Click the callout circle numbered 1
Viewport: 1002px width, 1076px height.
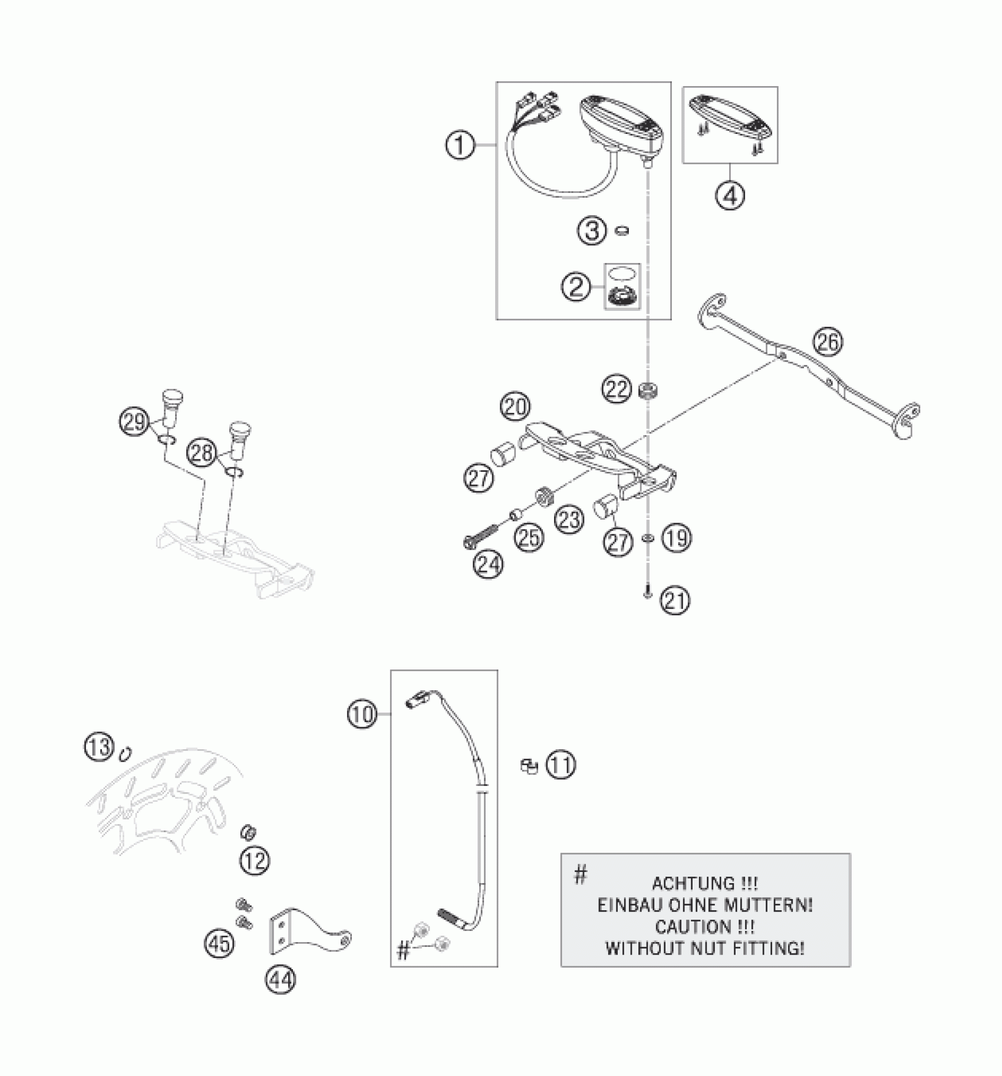point(460,145)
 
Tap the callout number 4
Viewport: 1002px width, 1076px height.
point(730,195)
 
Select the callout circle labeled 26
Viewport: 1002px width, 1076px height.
point(828,342)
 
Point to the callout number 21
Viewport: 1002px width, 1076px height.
point(675,601)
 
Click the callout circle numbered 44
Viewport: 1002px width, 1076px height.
point(281,980)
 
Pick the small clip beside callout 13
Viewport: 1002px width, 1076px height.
point(126,754)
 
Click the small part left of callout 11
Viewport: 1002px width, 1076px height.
point(529,766)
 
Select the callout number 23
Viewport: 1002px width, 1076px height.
point(569,520)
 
